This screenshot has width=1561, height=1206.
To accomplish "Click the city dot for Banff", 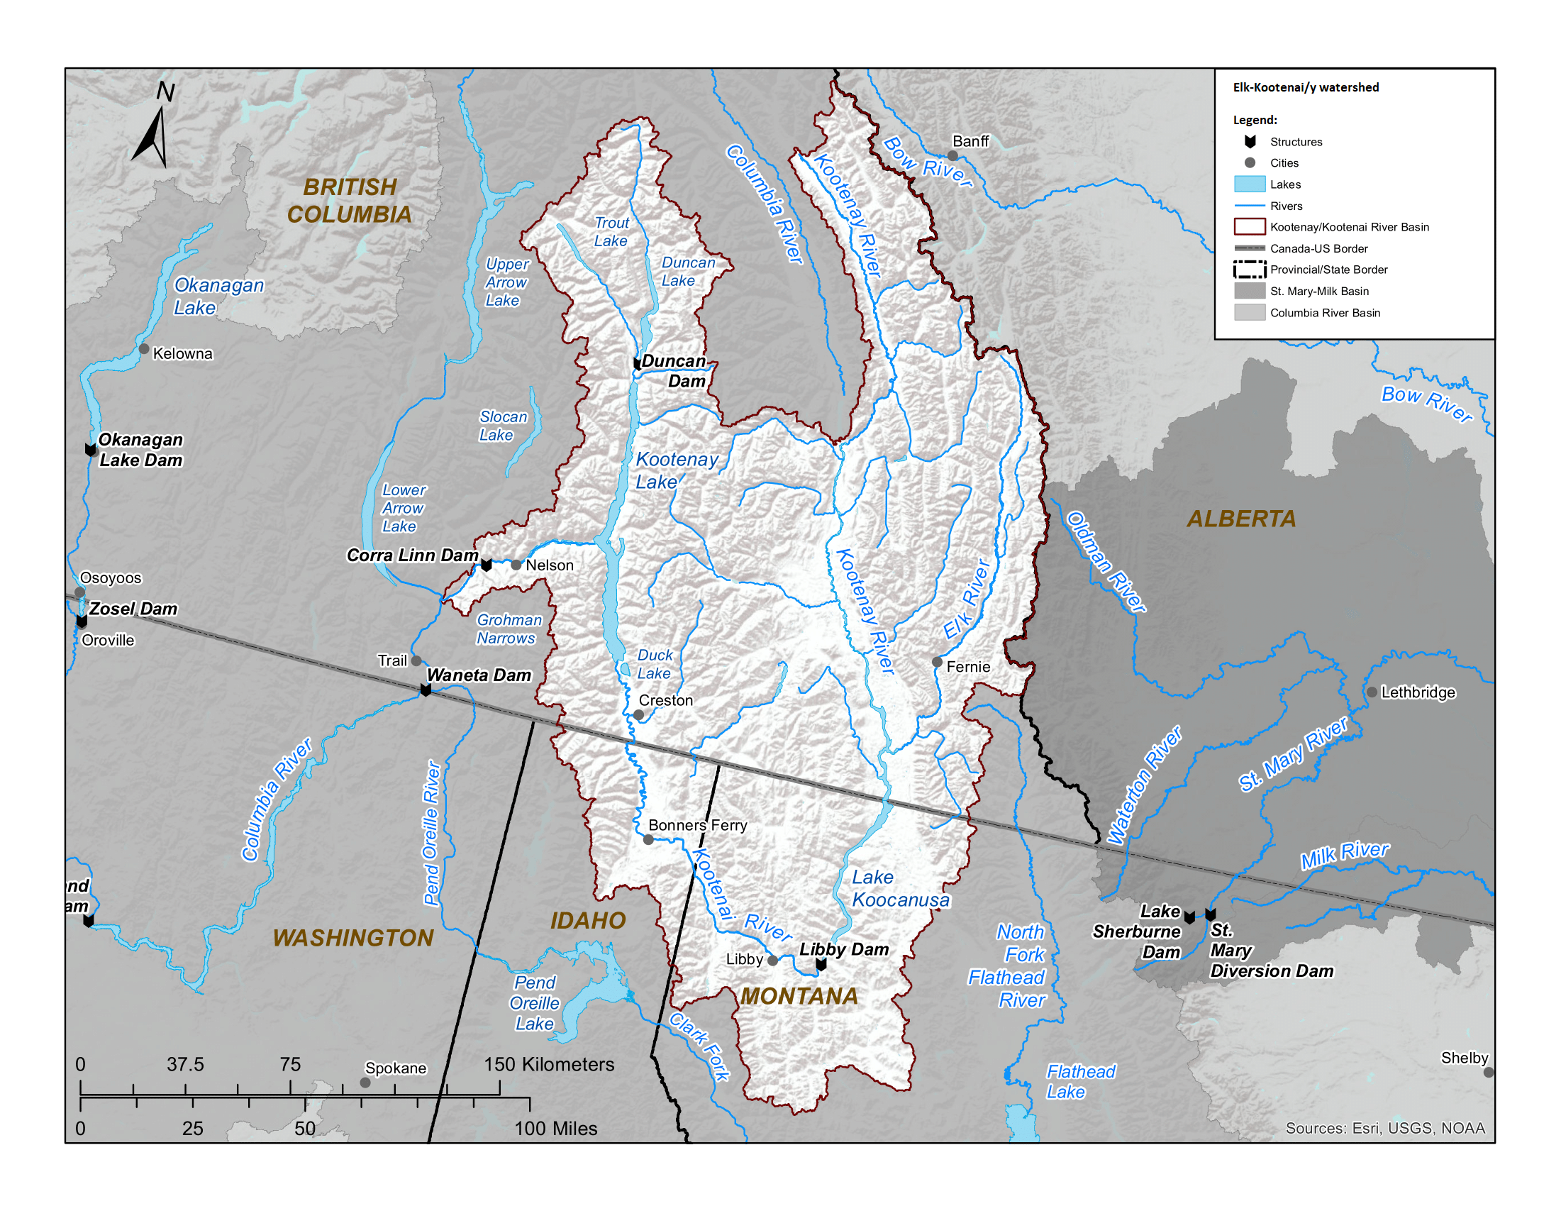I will (x=952, y=156).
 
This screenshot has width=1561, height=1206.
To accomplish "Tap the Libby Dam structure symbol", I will (x=821, y=965).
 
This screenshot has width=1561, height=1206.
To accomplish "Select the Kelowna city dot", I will (x=144, y=349).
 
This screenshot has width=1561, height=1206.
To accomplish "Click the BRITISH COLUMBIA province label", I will (x=349, y=200).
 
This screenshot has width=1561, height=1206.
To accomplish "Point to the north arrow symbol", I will (x=154, y=128).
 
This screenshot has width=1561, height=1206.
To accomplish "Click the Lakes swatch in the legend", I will (x=1250, y=184).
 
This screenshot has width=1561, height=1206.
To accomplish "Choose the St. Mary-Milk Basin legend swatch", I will (x=1250, y=291).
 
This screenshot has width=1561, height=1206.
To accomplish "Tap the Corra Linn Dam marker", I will (x=487, y=565).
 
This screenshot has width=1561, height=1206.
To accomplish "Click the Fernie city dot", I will (x=937, y=662).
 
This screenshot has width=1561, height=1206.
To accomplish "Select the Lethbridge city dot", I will (x=1372, y=692).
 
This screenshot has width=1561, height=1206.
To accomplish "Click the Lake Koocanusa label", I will (x=899, y=889).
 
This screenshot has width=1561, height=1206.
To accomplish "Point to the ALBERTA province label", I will (x=1242, y=519).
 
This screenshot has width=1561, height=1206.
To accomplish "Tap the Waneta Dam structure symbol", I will (x=426, y=690).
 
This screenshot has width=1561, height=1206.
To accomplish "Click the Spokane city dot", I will (x=365, y=1083).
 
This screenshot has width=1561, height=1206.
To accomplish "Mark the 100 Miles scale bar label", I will (x=555, y=1129).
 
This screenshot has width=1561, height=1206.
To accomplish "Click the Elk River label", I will (x=967, y=599).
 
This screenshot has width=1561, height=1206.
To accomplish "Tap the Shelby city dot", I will (x=1489, y=1073).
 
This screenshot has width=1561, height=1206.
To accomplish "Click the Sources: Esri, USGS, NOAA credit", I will (x=1384, y=1128).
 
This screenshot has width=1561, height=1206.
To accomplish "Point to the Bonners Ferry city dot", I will (x=648, y=839).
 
